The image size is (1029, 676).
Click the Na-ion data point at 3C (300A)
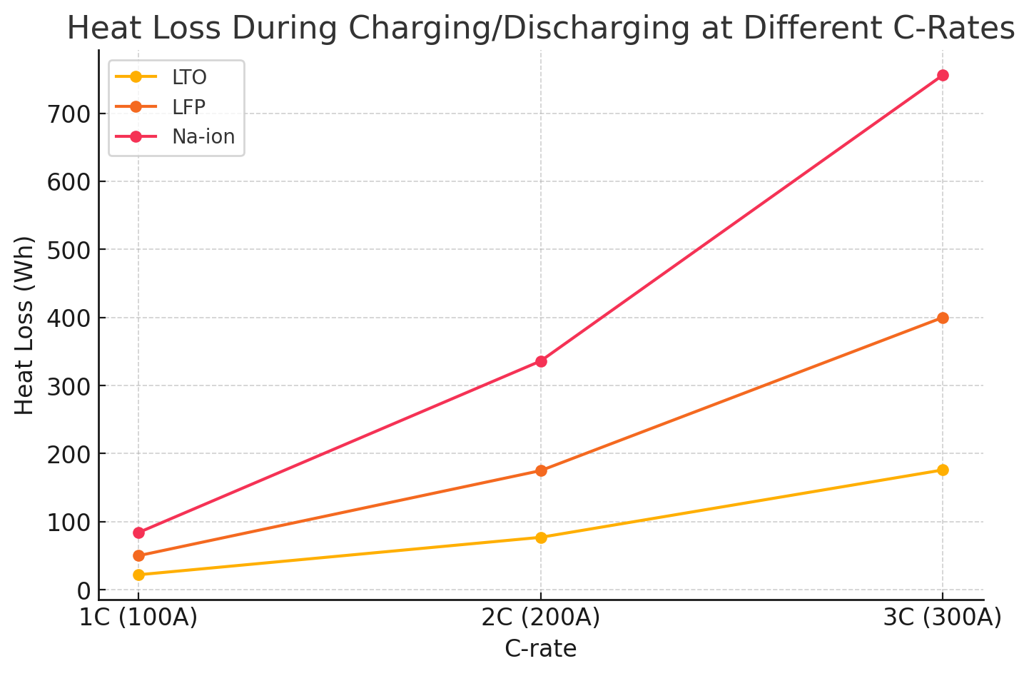[943, 76]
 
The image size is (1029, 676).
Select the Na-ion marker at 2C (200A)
[541, 361]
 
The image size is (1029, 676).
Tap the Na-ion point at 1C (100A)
[138, 533]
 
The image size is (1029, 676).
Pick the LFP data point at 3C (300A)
[943, 318]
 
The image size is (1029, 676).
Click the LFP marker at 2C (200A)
[541, 470]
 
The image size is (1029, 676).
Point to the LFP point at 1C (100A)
[138, 555]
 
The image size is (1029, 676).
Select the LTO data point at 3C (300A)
[943, 470]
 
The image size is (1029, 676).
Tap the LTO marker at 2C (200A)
[541, 538]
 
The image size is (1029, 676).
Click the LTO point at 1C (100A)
[138, 575]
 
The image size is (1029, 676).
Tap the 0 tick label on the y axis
[84, 591]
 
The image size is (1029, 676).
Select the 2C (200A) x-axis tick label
[541, 617]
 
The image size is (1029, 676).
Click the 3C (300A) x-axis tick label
[943, 617]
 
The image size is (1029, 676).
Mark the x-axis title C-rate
[541, 649]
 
